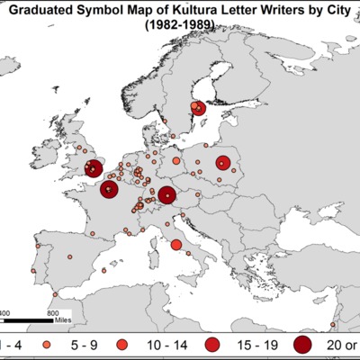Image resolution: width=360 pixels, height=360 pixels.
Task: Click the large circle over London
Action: (x=93, y=167)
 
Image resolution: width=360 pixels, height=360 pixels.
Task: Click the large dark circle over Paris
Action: (x=109, y=190)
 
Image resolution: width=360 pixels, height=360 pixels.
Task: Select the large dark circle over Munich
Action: (x=166, y=194)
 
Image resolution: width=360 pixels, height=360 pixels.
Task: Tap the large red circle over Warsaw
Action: (x=222, y=164)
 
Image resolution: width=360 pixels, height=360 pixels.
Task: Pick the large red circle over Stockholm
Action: (x=199, y=108)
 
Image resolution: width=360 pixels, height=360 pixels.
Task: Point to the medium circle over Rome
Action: (x=175, y=244)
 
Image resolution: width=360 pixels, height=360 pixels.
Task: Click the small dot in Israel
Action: (x=333, y=325)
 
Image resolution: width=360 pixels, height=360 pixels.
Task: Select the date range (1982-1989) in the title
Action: (x=180, y=27)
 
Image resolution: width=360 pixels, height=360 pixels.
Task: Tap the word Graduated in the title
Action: (x=48, y=11)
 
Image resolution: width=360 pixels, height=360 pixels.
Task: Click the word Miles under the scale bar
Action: (x=63, y=319)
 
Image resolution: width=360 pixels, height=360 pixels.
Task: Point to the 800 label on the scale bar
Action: (x=52, y=311)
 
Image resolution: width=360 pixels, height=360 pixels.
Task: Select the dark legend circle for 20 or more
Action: (x=302, y=345)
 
